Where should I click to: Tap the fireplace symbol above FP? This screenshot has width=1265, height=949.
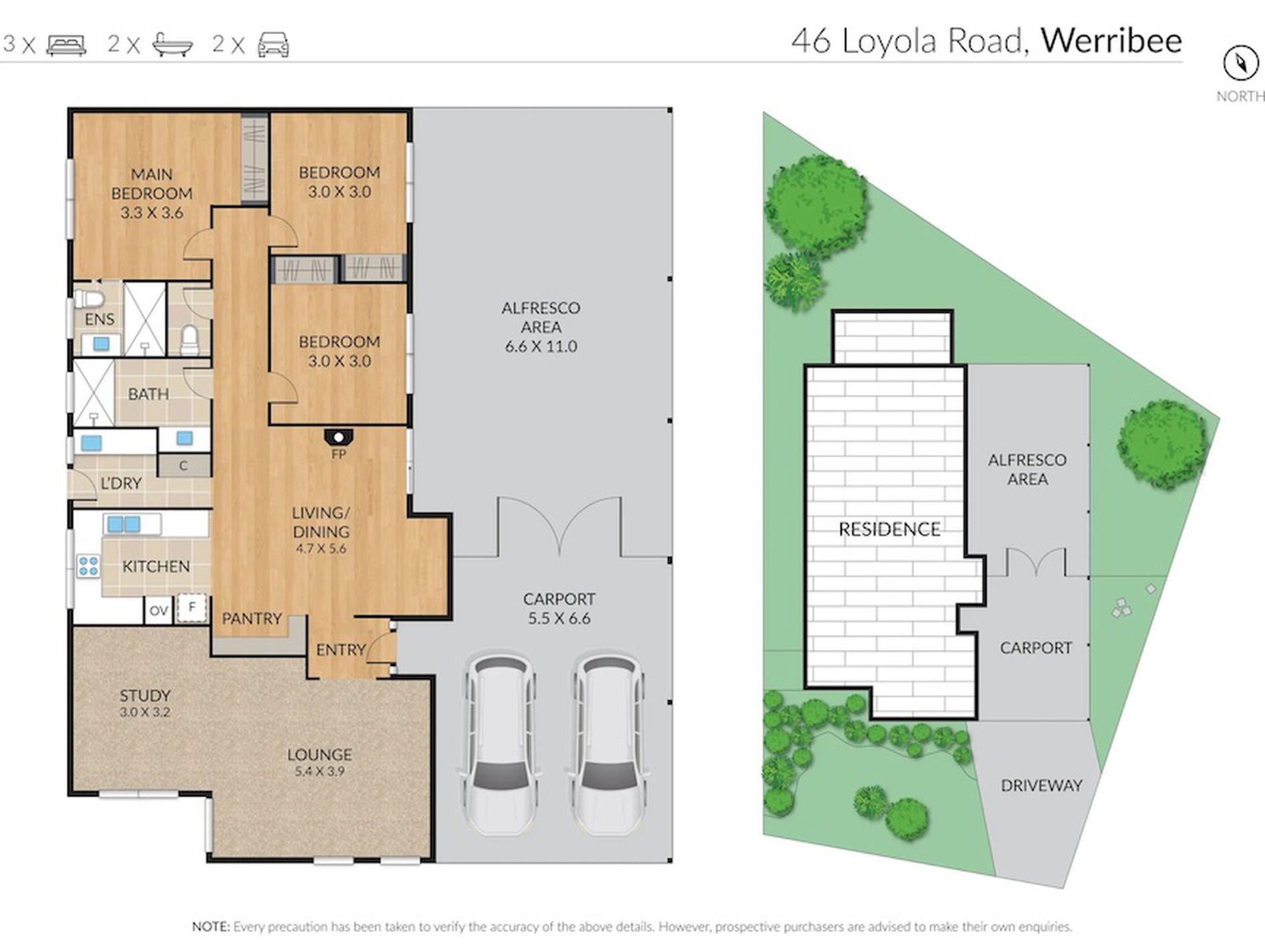pos(339,438)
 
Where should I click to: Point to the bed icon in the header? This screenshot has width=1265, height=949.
pos(67,45)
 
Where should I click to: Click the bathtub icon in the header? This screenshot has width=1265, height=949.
pos(172,45)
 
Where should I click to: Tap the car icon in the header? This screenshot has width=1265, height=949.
pos(274,45)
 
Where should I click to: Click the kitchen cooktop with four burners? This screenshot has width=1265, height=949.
pos(89,566)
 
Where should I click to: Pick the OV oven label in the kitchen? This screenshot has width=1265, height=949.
pos(158,610)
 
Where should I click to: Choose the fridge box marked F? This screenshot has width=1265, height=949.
pos(192,607)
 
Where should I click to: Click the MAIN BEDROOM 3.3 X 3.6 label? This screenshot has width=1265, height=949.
pos(152,193)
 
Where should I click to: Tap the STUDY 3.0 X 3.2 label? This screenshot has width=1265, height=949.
pos(145,703)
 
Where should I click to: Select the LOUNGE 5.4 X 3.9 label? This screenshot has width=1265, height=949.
pos(320,763)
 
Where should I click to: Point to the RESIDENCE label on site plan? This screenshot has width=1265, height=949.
pos(889,529)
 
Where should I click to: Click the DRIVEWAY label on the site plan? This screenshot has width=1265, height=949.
pos(1041,786)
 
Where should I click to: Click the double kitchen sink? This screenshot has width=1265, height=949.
pos(124,524)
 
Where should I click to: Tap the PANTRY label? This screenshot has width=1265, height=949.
pos(252,619)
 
